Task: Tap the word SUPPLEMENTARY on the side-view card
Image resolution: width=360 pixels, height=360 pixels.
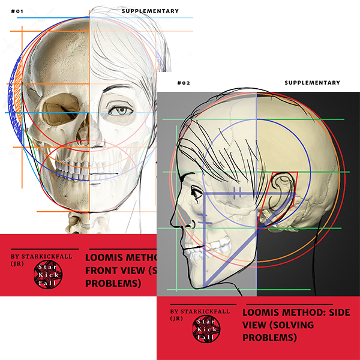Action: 312,83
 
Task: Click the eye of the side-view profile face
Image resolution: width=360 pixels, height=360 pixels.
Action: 196,194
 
